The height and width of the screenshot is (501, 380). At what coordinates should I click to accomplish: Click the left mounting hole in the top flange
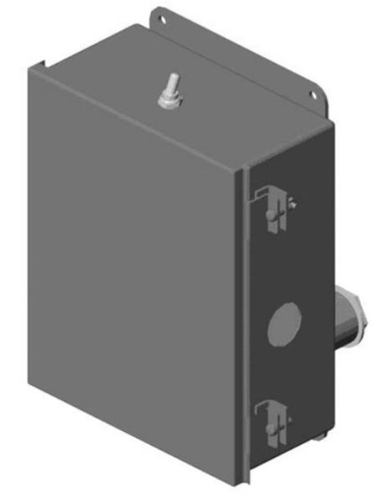161,14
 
